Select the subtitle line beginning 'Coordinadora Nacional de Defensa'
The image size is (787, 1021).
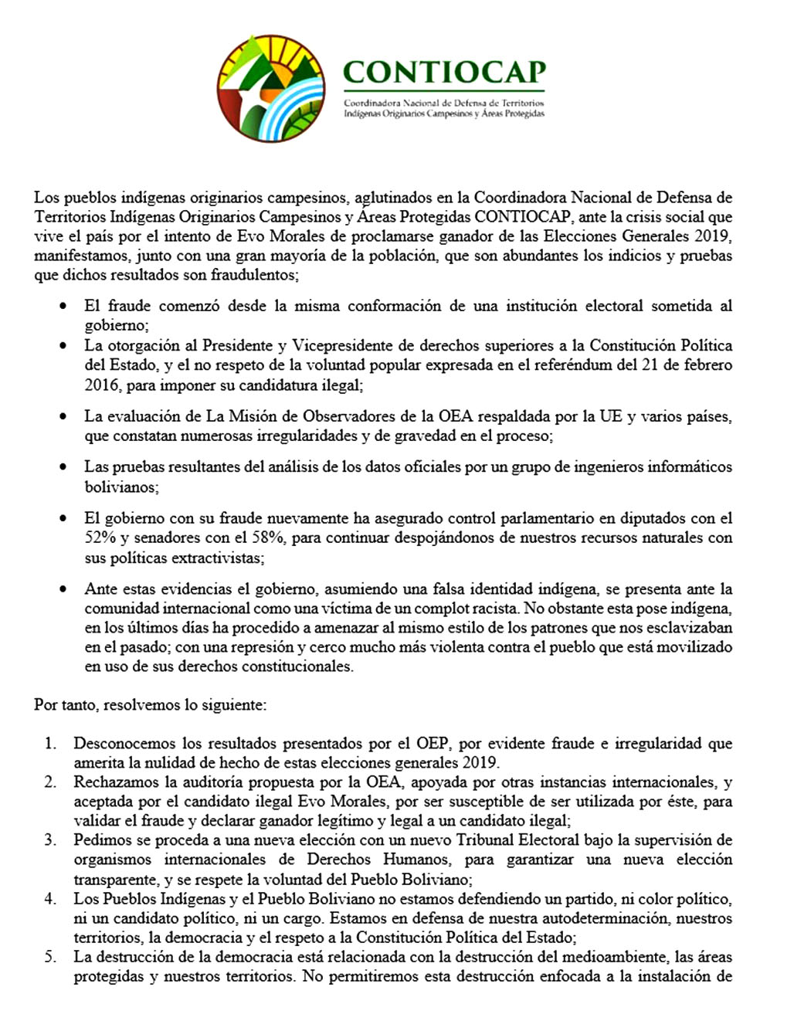[x=443, y=103]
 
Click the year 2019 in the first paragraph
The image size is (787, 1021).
[x=711, y=236]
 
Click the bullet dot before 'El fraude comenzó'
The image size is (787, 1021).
[x=63, y=307]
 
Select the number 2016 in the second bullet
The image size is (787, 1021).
[x=102, y=385]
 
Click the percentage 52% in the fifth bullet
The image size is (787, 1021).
[x=100, y=538]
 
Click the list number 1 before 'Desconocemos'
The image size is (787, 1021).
[x=49, y=744]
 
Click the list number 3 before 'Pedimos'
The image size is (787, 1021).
[x=49, y=840]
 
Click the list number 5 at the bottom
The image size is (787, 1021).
[x=49, y=957]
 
